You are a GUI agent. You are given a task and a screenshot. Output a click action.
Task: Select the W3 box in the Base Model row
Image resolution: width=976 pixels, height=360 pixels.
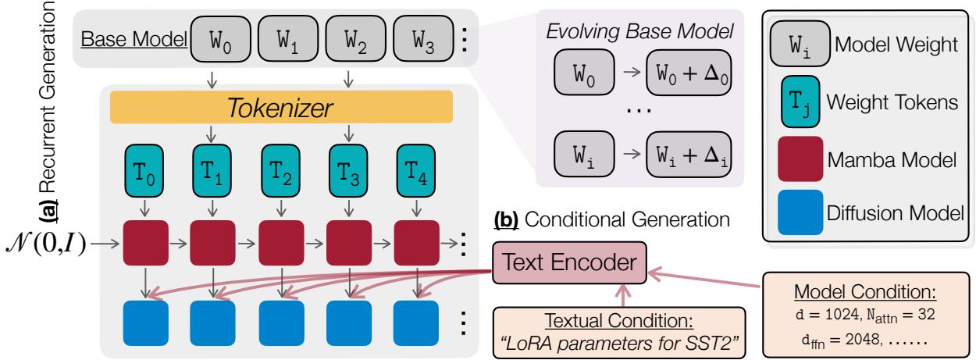pos(419,37)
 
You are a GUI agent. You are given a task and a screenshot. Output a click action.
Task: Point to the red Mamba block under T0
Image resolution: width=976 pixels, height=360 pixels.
pos(145,243)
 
